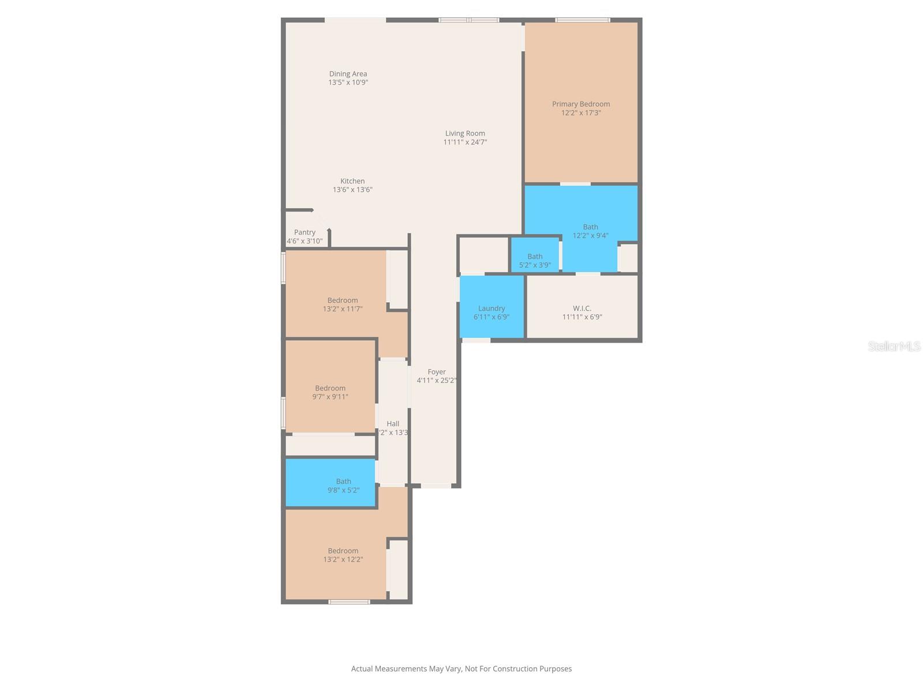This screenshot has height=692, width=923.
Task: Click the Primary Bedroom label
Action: pyautogui.click(x=580, y=104)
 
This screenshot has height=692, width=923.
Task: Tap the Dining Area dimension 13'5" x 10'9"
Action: pyautogui.click(x=348, y=82)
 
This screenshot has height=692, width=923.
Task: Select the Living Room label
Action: pyautogui.click(x=465, y=133)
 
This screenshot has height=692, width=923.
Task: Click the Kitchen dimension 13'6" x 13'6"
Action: pyautogui.click(x=352, y=190)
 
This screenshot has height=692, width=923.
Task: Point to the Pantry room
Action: pyautogui.click(x=305, y=232)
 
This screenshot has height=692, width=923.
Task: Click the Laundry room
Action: pyautogui.click(x=491, y=309)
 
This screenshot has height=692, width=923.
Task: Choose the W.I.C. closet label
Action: pyautogui.click(x=582, y=309)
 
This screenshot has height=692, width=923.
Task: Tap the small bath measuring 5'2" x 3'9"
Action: pyautogui.click(x=535, y=257)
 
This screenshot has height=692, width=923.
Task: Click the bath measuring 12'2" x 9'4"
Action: pyautogui.click(x=590, y=227)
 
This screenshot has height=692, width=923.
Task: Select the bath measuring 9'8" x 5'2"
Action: pyautogui.click(x=343, y=482)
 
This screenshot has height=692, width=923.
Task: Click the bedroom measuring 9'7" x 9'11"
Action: pyautogui.click(x=330, y=388)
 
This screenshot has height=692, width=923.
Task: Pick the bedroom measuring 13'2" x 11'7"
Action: pyautogui.click(x=343, y=300)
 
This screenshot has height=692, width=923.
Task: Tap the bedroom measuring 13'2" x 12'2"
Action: pyautogui.click(x=343, y=551)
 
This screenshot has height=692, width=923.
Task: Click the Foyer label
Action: pyautogui.click(x=437, y=372)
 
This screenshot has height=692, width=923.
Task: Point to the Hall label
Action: pyautogui.click(x=393, y=424)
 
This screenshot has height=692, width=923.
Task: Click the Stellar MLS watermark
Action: pyautogui.click(x=894, y=347)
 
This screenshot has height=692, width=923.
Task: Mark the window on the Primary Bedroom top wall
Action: pyautogui.click(x=582, y=20)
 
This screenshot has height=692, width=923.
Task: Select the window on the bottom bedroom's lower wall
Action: pyautogui.click(x=349, y=602)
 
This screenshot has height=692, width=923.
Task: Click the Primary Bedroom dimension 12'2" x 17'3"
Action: pyautogui.click(x=581, y=113)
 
